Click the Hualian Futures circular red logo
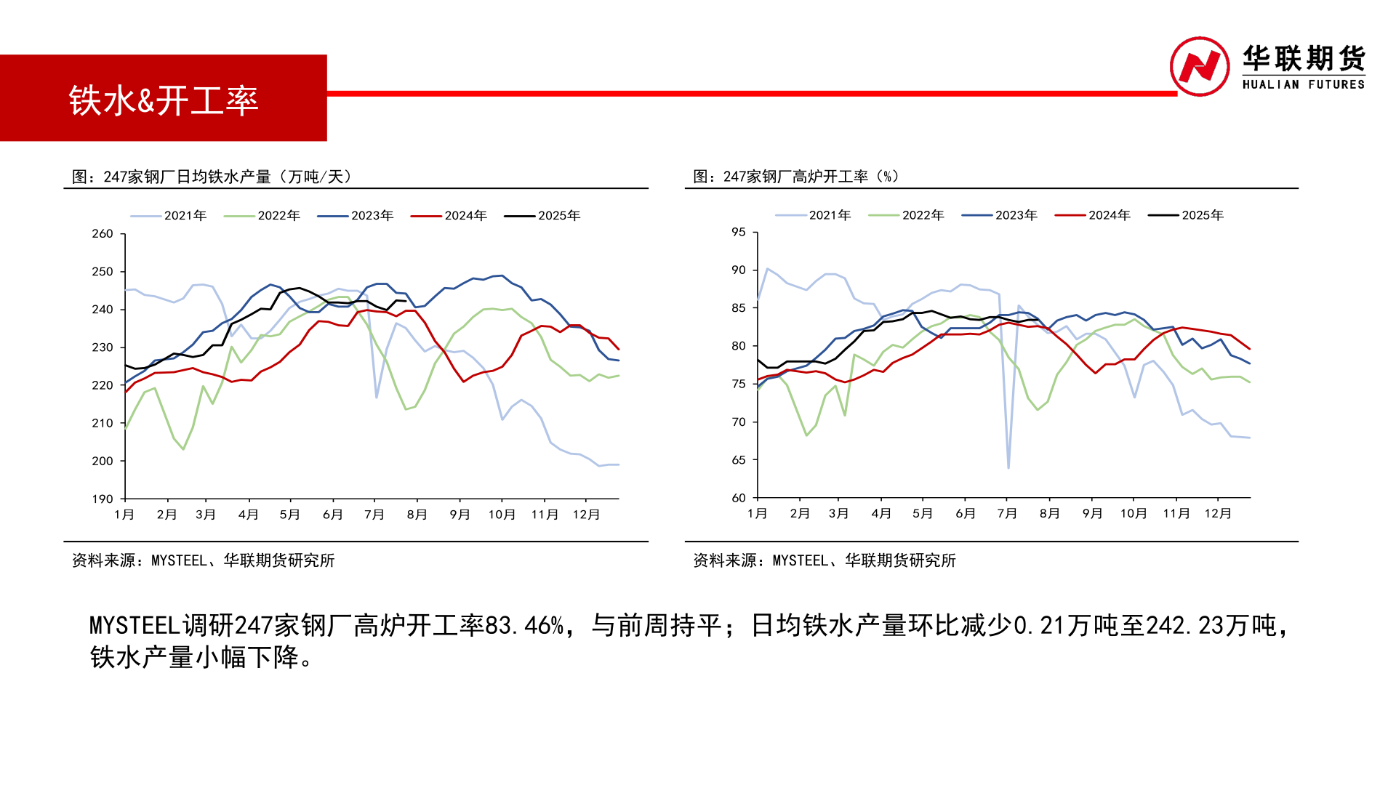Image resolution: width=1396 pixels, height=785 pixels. coord(1199,66)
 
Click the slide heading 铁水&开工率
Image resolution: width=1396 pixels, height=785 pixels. coord(164,100)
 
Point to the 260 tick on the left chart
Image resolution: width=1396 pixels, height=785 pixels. coord(103,234)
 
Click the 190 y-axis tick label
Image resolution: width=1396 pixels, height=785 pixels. coord(103,499)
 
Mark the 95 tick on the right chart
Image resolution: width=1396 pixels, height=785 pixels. coord(739,233)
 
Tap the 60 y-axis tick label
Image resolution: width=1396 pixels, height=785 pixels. coord(739,498)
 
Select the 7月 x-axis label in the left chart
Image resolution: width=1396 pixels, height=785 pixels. coord(374,515)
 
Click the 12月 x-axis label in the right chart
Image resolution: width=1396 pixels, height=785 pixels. coord(1218,514)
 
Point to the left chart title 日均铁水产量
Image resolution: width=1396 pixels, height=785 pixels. coord(211,177)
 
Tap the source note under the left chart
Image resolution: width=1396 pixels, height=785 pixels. coord(203,560)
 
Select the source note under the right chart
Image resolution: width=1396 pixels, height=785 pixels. coord(824,560)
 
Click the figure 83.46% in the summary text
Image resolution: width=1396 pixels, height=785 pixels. coord(523,625)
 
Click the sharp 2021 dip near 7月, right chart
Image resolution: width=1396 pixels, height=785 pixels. coord(1008,467)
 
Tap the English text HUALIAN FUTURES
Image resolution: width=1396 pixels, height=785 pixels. coord(1303,85)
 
